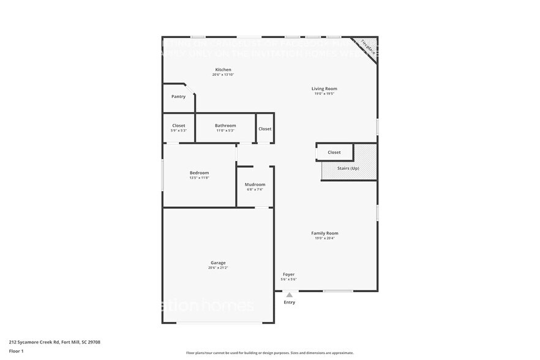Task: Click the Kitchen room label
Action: [223, 69]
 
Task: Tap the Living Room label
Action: [324, 89]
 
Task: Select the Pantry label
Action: [178, 96]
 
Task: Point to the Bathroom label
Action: [225, 126]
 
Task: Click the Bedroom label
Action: [199, 173]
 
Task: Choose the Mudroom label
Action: [255, 184]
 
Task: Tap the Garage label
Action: [219, 263]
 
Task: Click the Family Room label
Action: [324, 233]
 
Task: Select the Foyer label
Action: [289, 274]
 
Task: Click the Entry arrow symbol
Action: [289, 295]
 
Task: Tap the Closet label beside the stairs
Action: [334, 152]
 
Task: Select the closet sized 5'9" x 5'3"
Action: [178, 127]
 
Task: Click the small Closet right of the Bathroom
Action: [264, 129]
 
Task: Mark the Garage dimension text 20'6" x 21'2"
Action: [219, 268]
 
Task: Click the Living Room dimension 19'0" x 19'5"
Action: [324, 94]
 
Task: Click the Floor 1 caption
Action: [17, 351]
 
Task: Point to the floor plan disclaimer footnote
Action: [269, 353]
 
